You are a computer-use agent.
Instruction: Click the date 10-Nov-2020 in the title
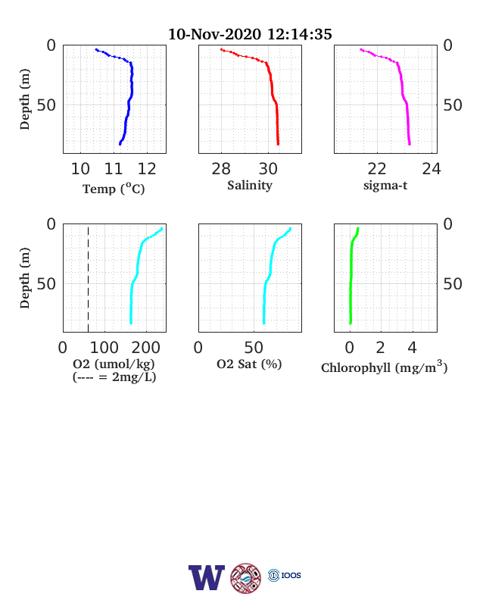pyautogui.click(x=214, y=34)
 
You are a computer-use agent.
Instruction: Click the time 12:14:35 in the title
pyautogui.click(x=300, y=34)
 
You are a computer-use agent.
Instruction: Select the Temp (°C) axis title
pyautogui.click(x=114, y=189)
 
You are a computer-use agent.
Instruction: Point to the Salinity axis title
pyautogui.click(x=250, y=186)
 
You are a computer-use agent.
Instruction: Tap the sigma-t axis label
pyautogui.click(x=385, y=186)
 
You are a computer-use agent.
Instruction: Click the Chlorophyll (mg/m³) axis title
pyautogui.click(x=384, y=367)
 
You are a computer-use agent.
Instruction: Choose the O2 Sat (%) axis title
pyautogui.click(x=249, y=364)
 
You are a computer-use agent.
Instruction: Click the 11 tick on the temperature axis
pyautogui.click(x=114, y=169)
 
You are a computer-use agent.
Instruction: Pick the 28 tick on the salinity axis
pyautogui.click(x=221, y=169)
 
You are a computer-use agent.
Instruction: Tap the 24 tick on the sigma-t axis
pyautogui.click(x=432, y=169)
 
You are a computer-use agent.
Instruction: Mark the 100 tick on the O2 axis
pyautogui.click(x=104, y=348)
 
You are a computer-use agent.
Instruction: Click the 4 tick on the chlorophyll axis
pyautogui.click(x=413, y=348)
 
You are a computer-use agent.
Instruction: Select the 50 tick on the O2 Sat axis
pyautogui.click(x=254, y=348)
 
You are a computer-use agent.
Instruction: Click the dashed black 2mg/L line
pyautogui.click(x=89, y=280)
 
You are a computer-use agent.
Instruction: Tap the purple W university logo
pyautogui.click(x=207, y=577)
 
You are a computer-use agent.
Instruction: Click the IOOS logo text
pyautogui.click(x=291, y=575)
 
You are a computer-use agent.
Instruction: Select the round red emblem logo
pyautogui.click(x=246, y=578)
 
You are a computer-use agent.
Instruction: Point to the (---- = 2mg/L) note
pyautogui.click(x=114, y=377)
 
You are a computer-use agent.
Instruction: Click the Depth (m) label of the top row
pyautogui.click(x=24, y=99)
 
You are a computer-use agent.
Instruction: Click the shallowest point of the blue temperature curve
pyautogui.click(x=96, y=49)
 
